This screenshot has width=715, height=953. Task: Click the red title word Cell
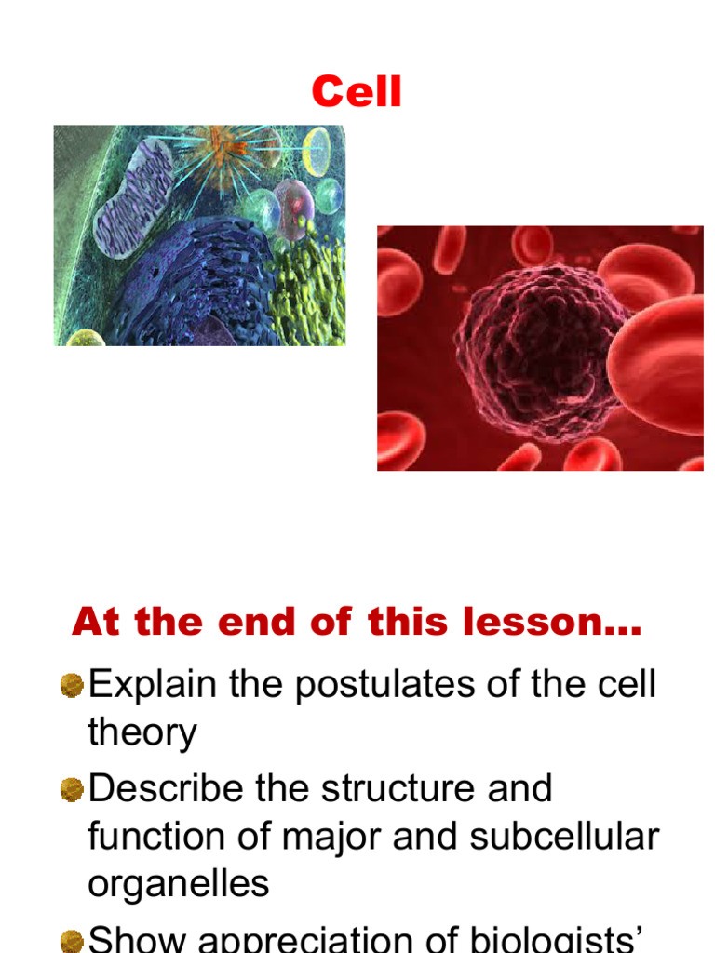[357, 93]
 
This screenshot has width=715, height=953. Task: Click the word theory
[142, 732]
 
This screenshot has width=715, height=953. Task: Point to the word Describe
[166, 789]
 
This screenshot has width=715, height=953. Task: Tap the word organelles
[179, 882]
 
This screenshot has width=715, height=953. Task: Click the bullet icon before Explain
[73, 687]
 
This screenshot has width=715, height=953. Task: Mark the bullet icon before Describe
[73, 790]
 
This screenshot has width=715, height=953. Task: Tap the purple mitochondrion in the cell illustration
[134, 195]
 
